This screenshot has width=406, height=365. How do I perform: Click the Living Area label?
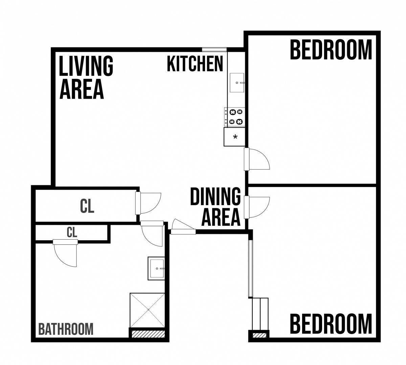[86, 77]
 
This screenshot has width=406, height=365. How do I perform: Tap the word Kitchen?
[195, 64]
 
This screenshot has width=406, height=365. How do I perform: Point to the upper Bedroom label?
[331, 50]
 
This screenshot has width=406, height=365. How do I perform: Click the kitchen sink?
[237, 83]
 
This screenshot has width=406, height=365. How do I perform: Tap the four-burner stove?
[234, 117]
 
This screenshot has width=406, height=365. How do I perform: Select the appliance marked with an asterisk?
[234, 137]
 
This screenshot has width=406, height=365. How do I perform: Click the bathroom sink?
[156, 268]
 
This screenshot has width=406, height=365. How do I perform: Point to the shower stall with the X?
[147, 310]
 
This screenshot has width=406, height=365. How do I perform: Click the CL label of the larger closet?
[87, 206]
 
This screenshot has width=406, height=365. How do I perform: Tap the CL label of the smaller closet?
[72, 233]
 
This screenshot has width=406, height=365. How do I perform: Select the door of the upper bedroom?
[257, 159]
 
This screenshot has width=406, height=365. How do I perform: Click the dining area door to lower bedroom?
[257, 207]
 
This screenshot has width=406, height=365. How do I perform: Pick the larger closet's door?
[148, 203]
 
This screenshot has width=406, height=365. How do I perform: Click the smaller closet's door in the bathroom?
[65, 253]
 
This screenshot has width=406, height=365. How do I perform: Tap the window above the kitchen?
[214, 50]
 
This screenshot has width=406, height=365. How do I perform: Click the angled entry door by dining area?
[183, 227]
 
